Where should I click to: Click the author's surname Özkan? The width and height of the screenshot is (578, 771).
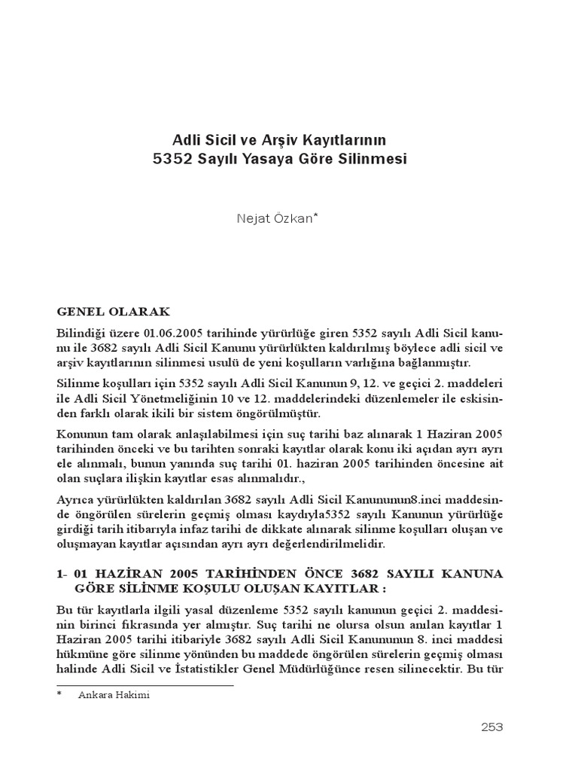click(x=293, y=218)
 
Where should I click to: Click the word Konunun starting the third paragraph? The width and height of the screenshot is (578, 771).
click(x=81, y=436)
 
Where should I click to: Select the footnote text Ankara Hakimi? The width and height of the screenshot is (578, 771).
click(x=114, y=695)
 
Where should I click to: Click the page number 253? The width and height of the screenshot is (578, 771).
click(x=491, y=727)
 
